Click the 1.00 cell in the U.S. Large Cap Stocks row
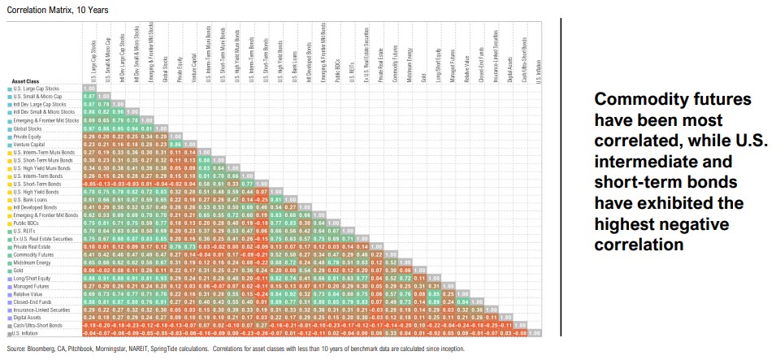[x=89, y=89]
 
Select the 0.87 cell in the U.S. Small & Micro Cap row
[x=89, y=97]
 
